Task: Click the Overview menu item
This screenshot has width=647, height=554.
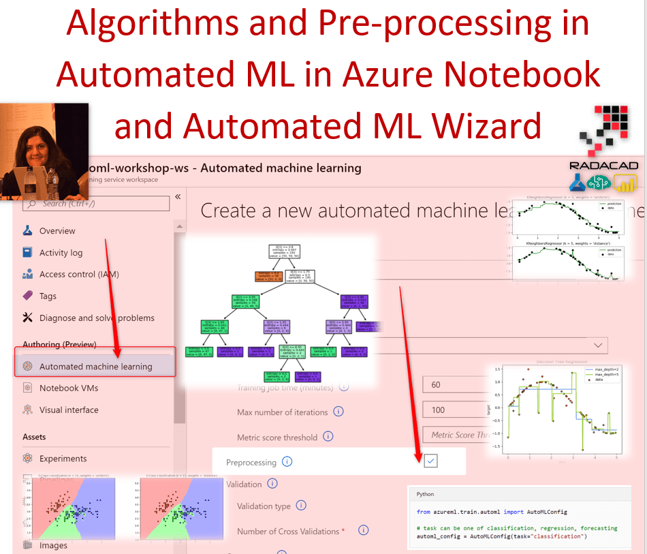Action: (57, 231)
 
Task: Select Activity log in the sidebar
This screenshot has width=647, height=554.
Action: (61, 253)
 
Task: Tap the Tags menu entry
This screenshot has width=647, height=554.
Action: (48, 296)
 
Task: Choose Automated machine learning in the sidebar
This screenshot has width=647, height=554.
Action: (95, 367)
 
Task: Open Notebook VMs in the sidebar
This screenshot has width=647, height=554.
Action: (68, 388)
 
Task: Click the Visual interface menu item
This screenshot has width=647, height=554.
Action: (69, 410)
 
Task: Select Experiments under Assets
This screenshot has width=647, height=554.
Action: (63, 459)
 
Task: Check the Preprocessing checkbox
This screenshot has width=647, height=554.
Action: (430, 461)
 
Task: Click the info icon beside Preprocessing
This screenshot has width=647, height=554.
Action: (287, 462)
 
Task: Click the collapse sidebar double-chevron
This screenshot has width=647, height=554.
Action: (178, 197)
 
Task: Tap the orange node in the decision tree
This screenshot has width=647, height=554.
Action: (266, 277)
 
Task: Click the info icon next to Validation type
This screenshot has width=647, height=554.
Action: (301, 506)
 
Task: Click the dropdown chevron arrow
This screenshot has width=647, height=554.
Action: (599, 345)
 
